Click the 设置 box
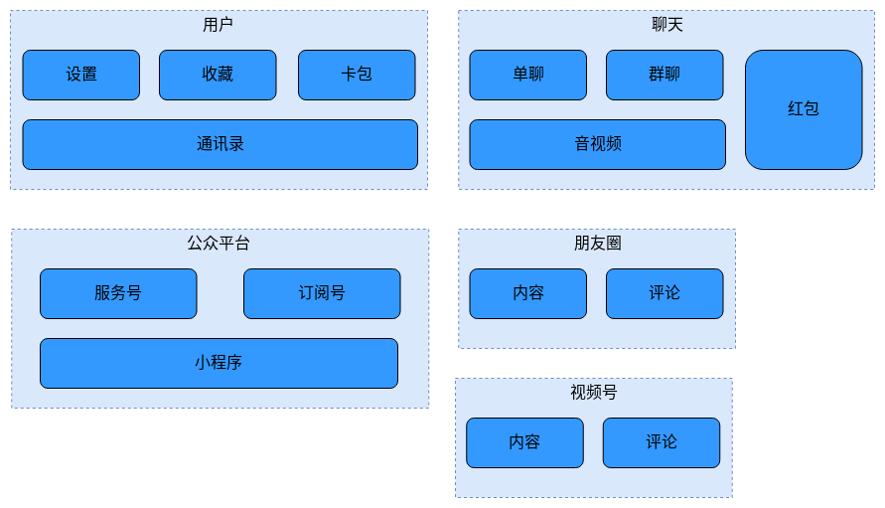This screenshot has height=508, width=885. pyautogui.click(x=81, y=75)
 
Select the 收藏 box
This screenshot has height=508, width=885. pyautogui.click(x=218, y=75)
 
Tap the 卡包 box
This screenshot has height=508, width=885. pyautogui.click(x=357, y=75)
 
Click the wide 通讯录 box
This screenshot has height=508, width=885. pyautogui.click(x=220, y=144)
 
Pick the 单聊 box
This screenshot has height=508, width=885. pyautogui.click(x=528, y=75)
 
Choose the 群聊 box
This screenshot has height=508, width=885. pyautogui.click(x=664, y=75)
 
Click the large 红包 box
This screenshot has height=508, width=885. pyautogui.click(x=804, y=109)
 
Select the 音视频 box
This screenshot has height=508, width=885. pyautogui.click(x=597, y=144)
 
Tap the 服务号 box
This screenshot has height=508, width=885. pyautogui.click(x=118, y=293)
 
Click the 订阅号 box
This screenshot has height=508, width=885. pyautogui.click(x=322, y=293)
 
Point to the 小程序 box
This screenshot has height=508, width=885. pyautogui.click(x=219, y=363)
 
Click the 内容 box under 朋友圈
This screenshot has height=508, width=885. pyautogui.click(x=528, y=293)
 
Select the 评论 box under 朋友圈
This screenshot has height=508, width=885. pyautogui.click(x=664, y=293)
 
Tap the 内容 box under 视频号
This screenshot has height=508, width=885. pyautogui.click(x=524, y=442)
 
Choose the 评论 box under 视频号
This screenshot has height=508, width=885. pyautogui.click(x=662, y=442)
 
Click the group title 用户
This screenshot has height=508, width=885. pyautogui.click(x=218, y=24)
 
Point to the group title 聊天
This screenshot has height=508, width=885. pyautogui.click(x=666, y=24)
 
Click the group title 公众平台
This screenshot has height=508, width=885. pyautogui.click(x=219, y=243)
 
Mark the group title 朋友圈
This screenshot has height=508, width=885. pyautogui.click(x=597, y=243)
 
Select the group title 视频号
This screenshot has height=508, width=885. pyautogui.click(x=594, y=392)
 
